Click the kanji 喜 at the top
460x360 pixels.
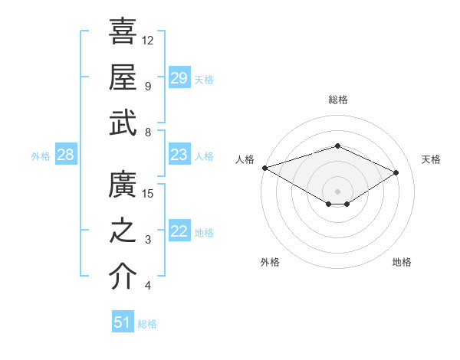tap(123, 31)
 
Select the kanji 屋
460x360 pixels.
tap(123, 77)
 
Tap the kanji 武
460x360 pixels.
tap(123, 123)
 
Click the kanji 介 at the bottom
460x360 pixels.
tap(123, 277)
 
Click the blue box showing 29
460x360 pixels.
tap(179, 78)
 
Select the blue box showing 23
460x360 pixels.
tap(179, 155)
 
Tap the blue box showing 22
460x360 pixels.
tap(179, 232)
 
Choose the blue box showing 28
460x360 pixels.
tap(65, 155)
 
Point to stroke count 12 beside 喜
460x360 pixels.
tap(148, 40)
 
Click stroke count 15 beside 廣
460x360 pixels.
tap(148, 193)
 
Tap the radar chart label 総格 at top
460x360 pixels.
tap(337, 100)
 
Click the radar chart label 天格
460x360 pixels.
tap(431, 159)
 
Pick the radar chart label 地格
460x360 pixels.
tap(402, 262)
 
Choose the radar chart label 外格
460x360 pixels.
tap(270, 262)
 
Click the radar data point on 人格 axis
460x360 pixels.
tap(264, 167)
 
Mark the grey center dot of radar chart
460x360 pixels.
tap(337, 191)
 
